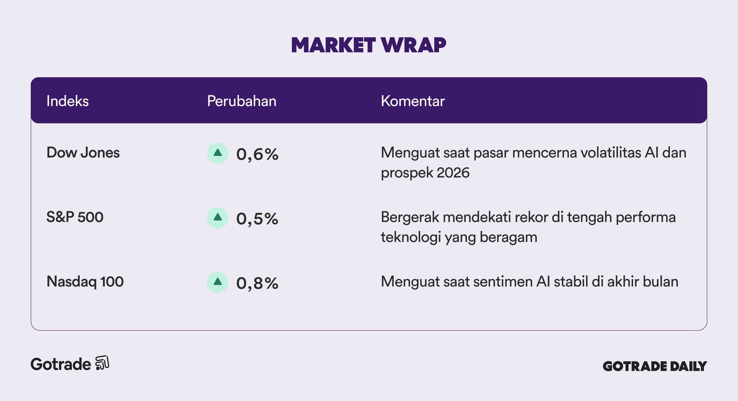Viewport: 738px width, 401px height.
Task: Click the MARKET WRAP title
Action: (369, 45)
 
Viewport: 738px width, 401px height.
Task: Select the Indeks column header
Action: (68, 101)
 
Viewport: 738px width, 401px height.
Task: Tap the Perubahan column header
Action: (242, 101)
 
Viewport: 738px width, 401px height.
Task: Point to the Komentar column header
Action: (413, 101)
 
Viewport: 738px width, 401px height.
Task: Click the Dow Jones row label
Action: (83, 153)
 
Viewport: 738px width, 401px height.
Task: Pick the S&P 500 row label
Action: (75, 217)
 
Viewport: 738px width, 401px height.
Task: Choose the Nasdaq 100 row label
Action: (85, 282)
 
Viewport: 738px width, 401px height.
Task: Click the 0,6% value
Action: (257, 154)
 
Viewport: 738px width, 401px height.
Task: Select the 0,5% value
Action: (257, 219)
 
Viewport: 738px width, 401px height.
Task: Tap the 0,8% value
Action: (257, 283)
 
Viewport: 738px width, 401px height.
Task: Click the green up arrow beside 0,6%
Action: (218, 153)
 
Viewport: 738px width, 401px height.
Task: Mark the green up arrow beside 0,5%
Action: (218, 217)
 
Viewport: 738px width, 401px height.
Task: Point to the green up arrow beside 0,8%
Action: (218, 282)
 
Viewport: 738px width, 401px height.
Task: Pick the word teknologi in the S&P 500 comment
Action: (411, 237)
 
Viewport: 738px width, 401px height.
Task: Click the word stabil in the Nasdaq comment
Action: (571, 282)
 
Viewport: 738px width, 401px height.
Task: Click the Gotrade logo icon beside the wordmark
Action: (102, 363)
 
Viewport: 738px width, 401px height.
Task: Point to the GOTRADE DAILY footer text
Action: (655, 366)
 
